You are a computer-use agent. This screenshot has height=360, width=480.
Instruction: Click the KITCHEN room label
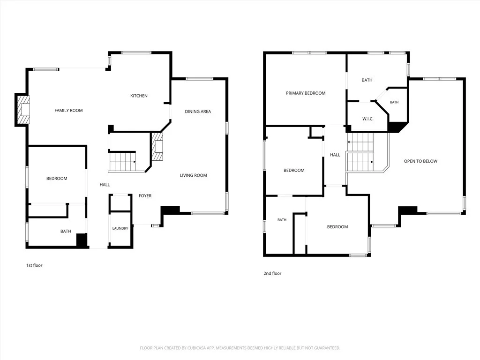(x=139, y=96)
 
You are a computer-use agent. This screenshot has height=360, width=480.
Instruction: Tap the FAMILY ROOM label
(x=68, y=111)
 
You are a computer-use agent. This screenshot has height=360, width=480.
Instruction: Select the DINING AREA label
(x=198, y=112)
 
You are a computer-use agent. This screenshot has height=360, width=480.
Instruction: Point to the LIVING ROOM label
(x=193, y=175)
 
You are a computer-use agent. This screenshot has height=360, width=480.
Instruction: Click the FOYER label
(x=145, y=196)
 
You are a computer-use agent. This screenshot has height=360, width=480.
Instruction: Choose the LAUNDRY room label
(x=120, y=228)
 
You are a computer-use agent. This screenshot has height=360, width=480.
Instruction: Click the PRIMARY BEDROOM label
(x=306, y=93)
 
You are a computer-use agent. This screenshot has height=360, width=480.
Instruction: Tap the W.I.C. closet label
(x=367, y=119)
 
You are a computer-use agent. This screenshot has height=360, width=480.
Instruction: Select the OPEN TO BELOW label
(x=420, y=161)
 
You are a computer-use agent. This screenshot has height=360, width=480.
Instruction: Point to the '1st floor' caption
(x=34, y=265)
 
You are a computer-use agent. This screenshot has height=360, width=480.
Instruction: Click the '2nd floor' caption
(x=272, y=273)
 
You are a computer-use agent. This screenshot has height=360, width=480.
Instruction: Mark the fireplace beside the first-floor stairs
(x=157, y=146)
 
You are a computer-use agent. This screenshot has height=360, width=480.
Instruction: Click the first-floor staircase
(x=122, y=162)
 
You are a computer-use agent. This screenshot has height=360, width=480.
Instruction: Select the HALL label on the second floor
(x=335, y=155)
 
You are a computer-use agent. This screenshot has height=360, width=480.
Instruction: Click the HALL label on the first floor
(x=105, y=185)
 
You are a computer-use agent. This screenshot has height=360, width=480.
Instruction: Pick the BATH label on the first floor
(x=66, y=232)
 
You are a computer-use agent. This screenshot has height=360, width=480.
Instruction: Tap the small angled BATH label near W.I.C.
(x=394, y=102)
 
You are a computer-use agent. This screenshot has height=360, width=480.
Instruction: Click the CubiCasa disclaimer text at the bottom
(x=240, y=348)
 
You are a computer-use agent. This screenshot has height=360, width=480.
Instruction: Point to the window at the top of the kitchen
(x=136, y=52)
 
